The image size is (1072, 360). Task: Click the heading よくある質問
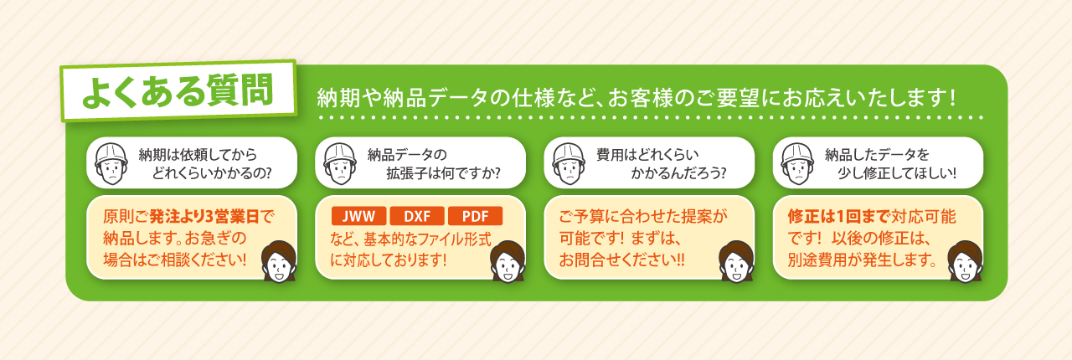178,90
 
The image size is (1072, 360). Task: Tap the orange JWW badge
359,216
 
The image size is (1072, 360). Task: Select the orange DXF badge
417,216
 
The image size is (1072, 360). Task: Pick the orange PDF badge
475,216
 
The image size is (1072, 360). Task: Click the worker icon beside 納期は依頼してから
111,163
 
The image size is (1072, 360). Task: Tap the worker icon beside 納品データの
340,163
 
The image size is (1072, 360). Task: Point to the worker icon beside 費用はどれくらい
569,163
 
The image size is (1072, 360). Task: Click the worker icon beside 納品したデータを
797,163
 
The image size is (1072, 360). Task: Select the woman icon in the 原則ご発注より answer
279,261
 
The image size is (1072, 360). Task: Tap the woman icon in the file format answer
508,261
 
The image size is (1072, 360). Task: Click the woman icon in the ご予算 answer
736,261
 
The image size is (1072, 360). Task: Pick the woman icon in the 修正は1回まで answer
966,261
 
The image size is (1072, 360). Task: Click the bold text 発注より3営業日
205,216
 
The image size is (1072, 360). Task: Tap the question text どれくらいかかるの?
212,172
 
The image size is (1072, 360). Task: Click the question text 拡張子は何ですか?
444,172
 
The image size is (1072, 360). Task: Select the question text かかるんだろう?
678,172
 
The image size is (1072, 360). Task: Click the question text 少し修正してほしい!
897,172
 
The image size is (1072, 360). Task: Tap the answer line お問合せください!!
621,260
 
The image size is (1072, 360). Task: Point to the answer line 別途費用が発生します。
863,260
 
